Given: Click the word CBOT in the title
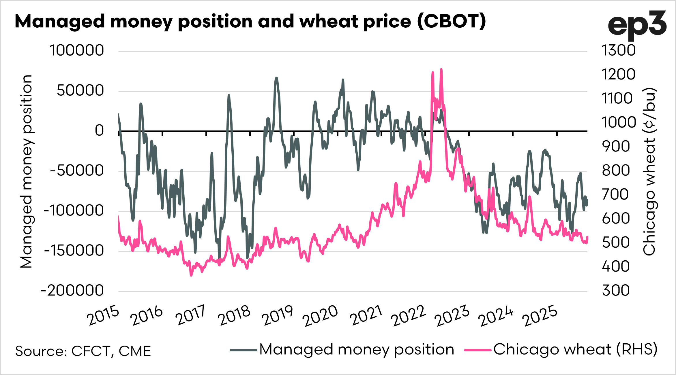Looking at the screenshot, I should (452, 21).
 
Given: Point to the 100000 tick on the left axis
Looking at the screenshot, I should (77, 50).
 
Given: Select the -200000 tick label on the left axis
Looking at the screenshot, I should (72, 290).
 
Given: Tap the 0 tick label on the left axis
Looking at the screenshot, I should (99, 130).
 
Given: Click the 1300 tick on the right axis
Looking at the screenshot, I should (618, 50).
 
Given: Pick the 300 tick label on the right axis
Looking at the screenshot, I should (616, 290).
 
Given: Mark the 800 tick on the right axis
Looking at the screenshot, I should (616, 171).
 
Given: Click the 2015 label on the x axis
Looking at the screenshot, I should (103, 316).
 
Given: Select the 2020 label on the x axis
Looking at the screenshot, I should (320, 316).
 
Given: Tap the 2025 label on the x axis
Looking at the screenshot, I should (540, 316).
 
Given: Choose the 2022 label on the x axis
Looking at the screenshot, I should (408, 316).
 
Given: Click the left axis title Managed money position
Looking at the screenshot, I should (27, 171).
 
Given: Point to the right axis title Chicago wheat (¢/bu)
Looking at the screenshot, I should (649, 171).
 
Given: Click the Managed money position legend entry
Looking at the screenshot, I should (342, 350).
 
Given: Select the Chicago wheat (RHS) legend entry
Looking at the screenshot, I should (561, 350).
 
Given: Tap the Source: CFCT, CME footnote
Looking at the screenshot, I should (83, 351).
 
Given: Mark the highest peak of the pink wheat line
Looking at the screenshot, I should (441, 69).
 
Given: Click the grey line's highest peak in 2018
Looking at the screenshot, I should (276, 78).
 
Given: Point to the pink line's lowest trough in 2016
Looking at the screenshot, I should (191, 275).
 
